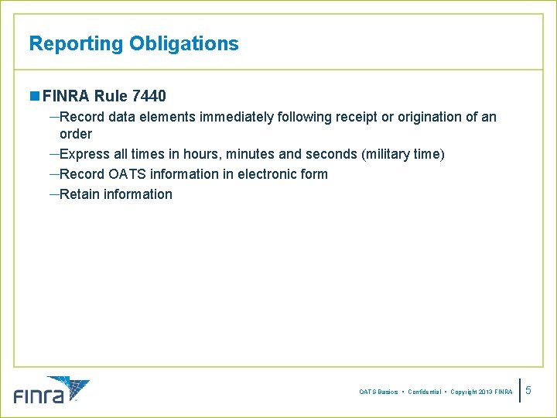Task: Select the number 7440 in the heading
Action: [149, 97]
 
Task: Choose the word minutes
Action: [251, 154]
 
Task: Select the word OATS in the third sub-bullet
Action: [126, 174]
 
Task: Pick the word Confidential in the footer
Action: [424, 392]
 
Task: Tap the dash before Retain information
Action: [53, 194]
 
